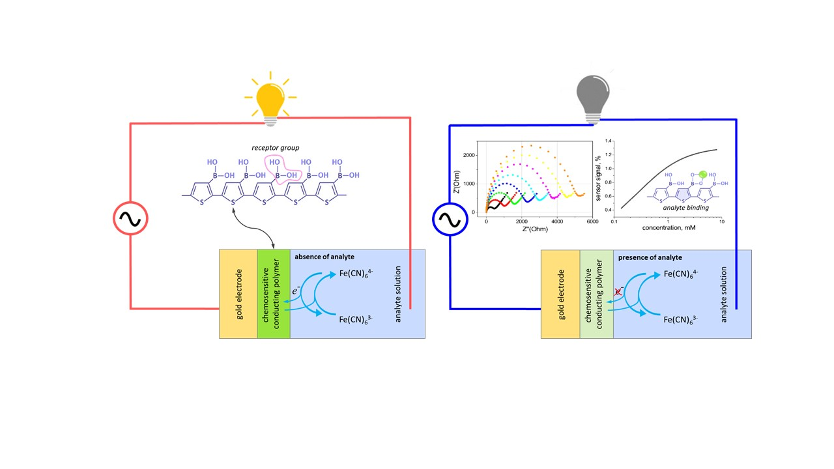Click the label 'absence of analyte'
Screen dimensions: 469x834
point(324,257)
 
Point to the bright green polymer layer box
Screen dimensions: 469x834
point(274,294)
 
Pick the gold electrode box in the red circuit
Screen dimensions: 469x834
point(238,294)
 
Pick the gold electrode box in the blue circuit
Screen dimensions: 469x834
point(560,294)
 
